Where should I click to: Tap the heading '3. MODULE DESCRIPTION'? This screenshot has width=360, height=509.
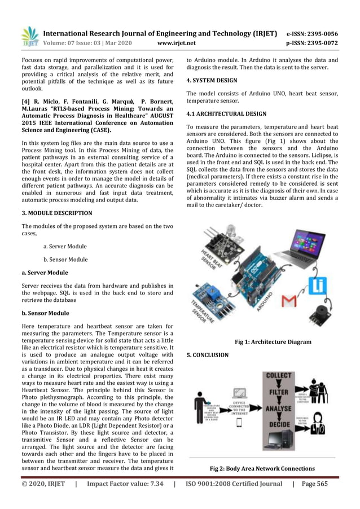click(56, 213)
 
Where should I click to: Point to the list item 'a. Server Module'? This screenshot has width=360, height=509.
click(65, 247)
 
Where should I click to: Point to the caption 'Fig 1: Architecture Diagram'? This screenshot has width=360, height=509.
click(273, 342)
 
